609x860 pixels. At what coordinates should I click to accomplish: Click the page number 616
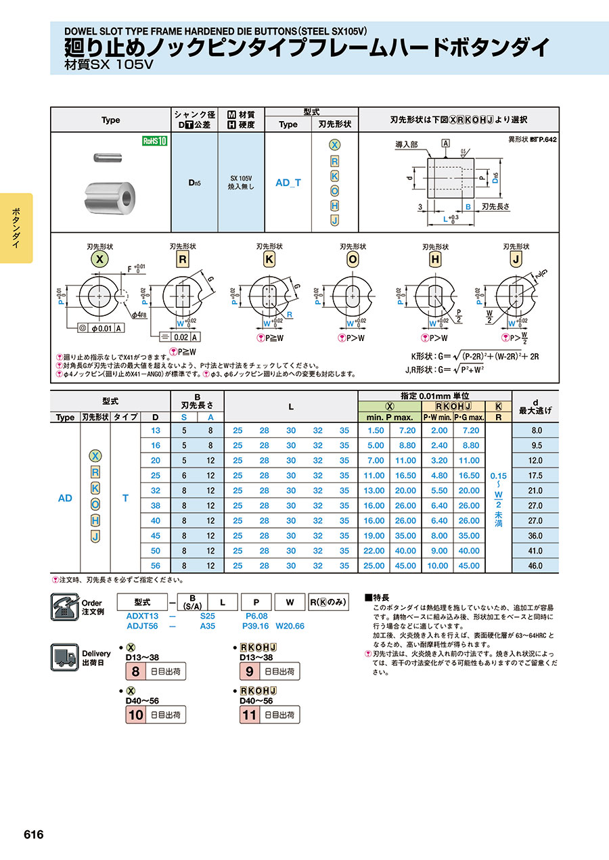click(x=34, y=834)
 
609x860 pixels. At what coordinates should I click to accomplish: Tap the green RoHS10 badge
click(x=154, y=141)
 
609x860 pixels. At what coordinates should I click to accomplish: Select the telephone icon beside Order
click(x=65, y=606)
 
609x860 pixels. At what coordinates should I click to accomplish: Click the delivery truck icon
click(x=65, y=658)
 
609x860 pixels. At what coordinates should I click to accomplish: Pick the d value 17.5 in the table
click(x=535, y=476)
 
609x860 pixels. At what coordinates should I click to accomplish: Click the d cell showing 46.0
click(x=535, y=565)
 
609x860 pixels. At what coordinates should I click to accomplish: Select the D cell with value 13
click(x=156, y=430)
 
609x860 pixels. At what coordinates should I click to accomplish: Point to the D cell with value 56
click(x=156, y=565)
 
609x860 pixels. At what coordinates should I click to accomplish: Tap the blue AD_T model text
click(x=288, y=183)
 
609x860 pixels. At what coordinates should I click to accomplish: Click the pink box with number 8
click(x=135, y=672)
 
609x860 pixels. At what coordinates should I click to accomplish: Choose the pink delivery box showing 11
click(x=250, y=715)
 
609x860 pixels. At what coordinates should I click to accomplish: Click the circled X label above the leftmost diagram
click(x=99, y=259)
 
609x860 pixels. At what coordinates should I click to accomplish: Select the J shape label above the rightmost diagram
click(x=516, y=259)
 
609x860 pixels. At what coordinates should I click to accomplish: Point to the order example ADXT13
click(x=142, y=616)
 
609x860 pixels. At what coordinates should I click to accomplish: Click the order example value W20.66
click(x=290, y=626)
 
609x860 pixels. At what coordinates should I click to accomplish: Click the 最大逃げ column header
click(x=535, y=410)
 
